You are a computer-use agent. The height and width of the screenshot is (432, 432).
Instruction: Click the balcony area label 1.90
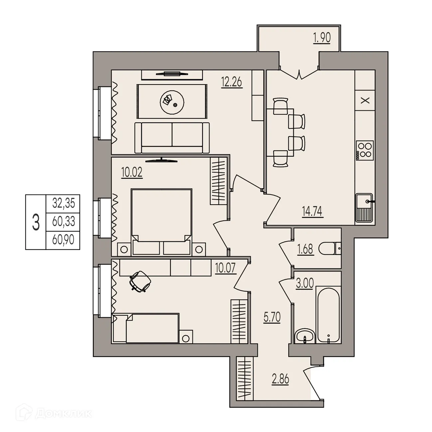coord(322,38)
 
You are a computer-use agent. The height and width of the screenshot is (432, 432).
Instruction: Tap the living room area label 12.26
coord(232,81)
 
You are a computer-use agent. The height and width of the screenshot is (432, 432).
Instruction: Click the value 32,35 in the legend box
coord(63,203)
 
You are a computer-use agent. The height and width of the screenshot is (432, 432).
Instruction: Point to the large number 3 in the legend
coord(36,222)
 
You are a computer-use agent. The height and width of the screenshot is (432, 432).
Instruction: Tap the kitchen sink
coord(365,208)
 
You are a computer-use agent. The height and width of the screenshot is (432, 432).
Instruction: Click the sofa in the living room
coord(172,137)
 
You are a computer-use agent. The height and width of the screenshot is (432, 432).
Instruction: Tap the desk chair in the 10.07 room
coord(140,281)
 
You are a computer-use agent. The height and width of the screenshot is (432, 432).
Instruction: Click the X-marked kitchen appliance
coord(365,100)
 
